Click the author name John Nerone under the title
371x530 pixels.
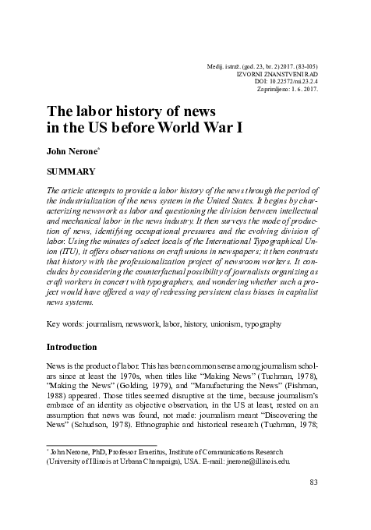[x=69, y=150]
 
